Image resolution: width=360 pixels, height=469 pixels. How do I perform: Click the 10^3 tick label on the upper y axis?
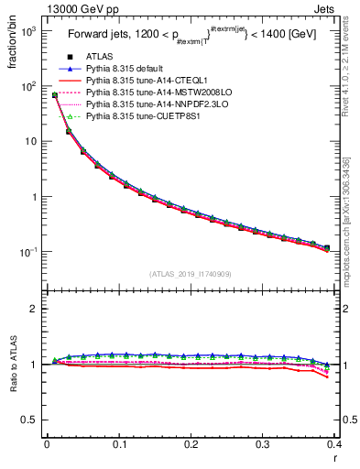click(28, 31)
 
